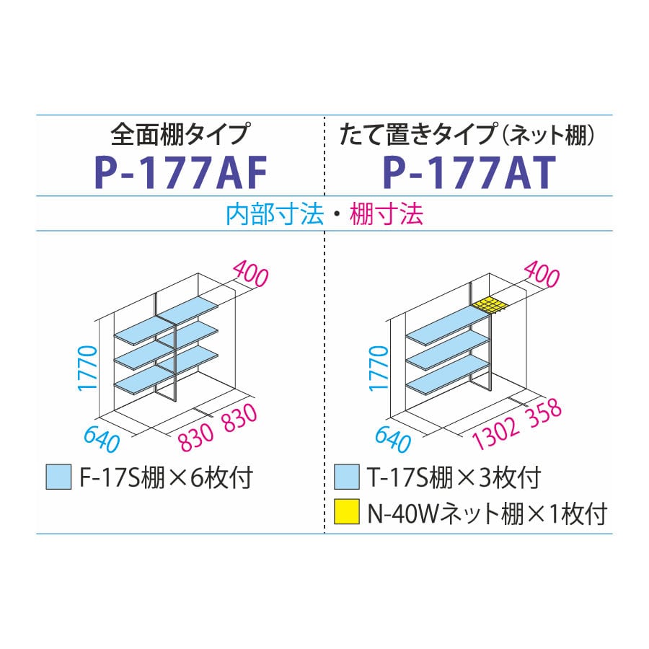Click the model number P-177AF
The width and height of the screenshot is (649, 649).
[x=180, y=172]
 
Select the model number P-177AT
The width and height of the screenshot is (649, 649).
[x=469, y=172]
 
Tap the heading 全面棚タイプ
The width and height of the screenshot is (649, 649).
[x=180, y=133]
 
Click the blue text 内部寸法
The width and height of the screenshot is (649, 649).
[x=275, y=214]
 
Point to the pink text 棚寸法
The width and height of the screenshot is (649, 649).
[x=387, y=214]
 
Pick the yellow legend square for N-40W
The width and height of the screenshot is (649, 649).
[x=346, y=512]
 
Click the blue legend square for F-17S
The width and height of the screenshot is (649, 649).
[x=58, y=477]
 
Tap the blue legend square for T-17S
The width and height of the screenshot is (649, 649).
[x=346, y=477]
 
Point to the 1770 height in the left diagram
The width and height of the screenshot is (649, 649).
[x=88, y=368]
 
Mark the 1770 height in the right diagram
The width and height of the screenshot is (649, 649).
[x=379, y=368]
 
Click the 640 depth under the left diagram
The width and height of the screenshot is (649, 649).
[x=102, y=439]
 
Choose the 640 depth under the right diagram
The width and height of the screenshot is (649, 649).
[x=393, y=439]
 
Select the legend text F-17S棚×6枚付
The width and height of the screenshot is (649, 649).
[x=165, y=477]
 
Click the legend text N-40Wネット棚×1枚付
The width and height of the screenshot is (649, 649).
[x=487, y=513]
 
